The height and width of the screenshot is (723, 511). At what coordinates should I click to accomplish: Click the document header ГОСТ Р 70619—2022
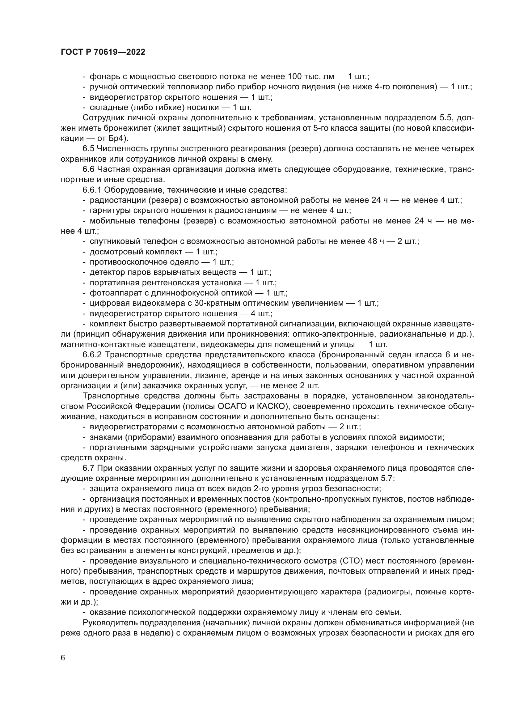(103, 52)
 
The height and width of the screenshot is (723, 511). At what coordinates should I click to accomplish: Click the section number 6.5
(88, 149)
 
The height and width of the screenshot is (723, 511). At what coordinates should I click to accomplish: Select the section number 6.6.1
(92, 190)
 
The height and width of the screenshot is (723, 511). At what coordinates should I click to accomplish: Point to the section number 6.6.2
(92, 355)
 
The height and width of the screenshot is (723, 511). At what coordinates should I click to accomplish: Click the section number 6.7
(88, 468)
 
